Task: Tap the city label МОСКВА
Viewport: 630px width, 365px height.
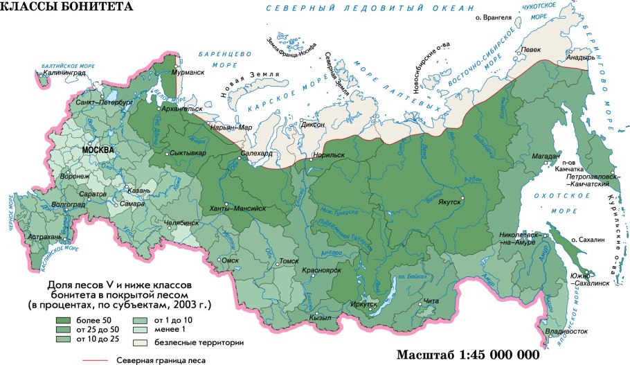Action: click(97, 150)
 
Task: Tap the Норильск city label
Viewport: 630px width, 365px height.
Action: click(329, 156)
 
